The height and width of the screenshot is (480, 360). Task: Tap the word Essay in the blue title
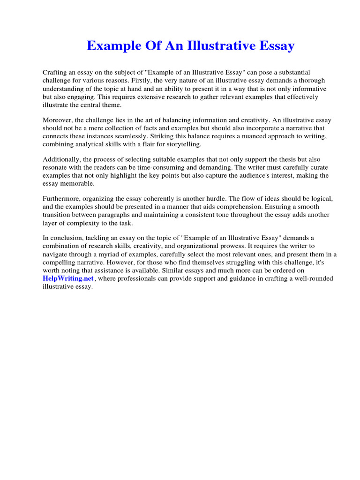coord(277,46)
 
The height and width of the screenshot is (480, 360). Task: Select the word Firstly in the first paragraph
coord(139,81)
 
